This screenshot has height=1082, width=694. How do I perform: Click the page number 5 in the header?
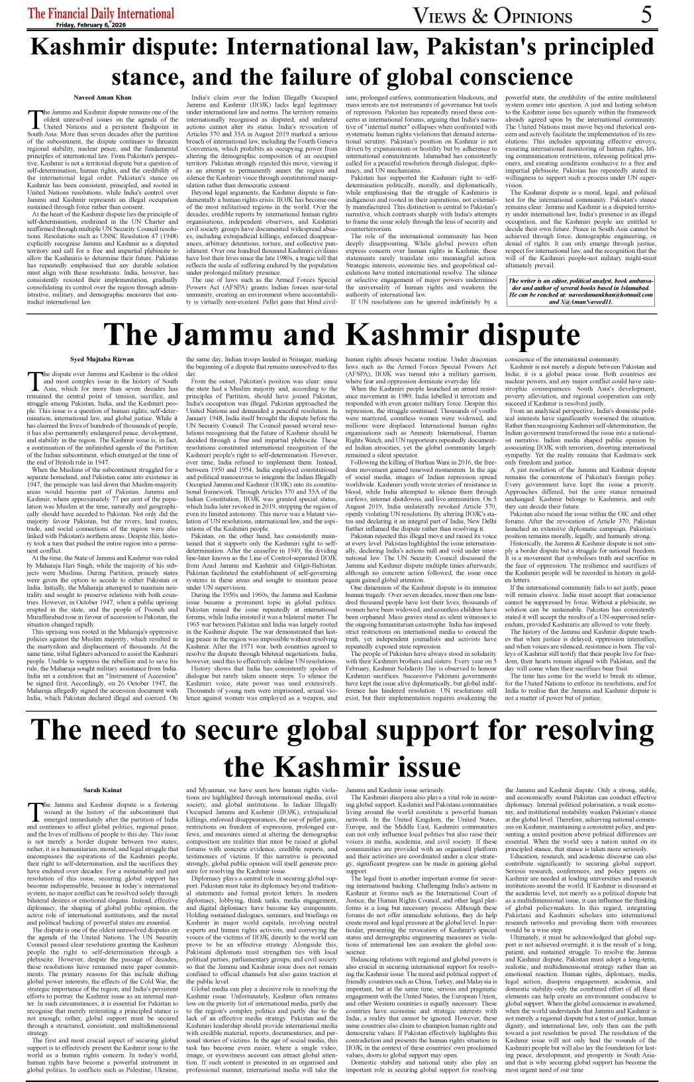click(x=647, y=15)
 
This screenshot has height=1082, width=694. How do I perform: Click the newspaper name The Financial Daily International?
click(x=101, y=13)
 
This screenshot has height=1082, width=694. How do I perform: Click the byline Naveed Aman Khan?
click(x=102, y=97)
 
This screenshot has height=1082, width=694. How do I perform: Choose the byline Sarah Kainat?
click(x=102, y=790)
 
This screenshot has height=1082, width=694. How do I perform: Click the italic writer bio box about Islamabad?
click(x=580, y=292)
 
